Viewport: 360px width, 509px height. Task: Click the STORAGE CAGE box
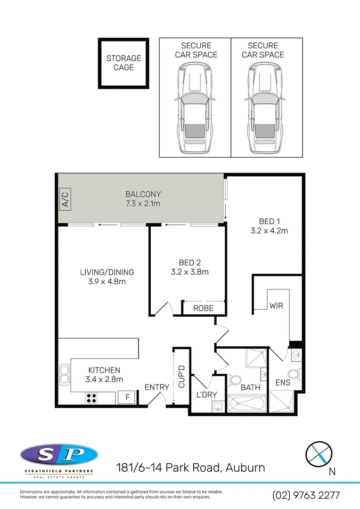pos(123,63)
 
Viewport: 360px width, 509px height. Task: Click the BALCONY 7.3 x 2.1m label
pos(143,198)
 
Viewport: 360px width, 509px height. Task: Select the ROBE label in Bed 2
pos(204,308)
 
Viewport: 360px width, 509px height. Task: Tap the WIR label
pos(276,305)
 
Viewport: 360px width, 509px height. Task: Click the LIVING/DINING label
pos(106,272)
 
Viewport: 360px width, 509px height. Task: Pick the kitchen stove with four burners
pos(91,397)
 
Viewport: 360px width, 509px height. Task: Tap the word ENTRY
pos(157,387)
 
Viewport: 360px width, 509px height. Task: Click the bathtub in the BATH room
pos(246,404)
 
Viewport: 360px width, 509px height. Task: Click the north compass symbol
pos(319,454)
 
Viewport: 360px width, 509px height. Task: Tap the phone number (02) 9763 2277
pos(306,495)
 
